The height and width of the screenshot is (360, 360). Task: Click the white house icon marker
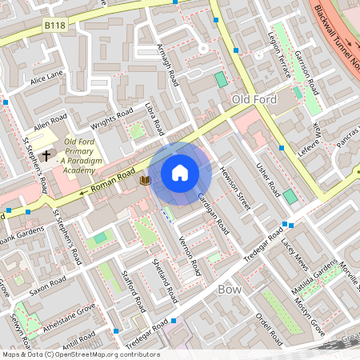(180, 172)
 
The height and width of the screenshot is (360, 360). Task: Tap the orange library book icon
(145, 181)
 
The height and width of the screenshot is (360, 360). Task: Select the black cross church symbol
(46, 154)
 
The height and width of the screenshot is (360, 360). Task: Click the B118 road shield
(54, 26)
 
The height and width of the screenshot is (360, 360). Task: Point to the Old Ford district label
(253, 98)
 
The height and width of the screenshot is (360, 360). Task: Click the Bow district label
(230, 289)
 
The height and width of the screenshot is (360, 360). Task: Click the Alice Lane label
(46, 78)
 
